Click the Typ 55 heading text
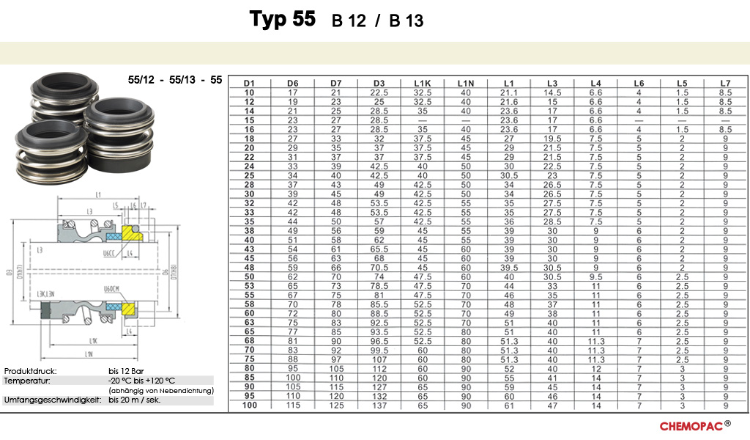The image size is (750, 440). (283, 19)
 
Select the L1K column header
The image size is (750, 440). (422, 84)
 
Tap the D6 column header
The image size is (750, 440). (292, 84)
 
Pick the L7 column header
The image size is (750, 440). (725, 84)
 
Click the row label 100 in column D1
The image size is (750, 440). (249, 406)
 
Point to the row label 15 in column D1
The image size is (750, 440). (249, 120)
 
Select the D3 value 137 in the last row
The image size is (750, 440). (379, 406)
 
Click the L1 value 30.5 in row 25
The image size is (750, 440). (508, 175)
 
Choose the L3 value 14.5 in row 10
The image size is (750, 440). (552, 92)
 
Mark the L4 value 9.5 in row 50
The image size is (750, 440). (595, 276)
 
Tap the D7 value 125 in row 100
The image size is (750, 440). (335, 406)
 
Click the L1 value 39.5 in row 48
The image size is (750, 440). (508, 268)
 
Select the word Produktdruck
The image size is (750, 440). (30, 372)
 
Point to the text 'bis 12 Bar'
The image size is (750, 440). (126, 372)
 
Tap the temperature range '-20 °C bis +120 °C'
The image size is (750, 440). (142, 381)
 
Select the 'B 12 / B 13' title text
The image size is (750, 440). (377, 21)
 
